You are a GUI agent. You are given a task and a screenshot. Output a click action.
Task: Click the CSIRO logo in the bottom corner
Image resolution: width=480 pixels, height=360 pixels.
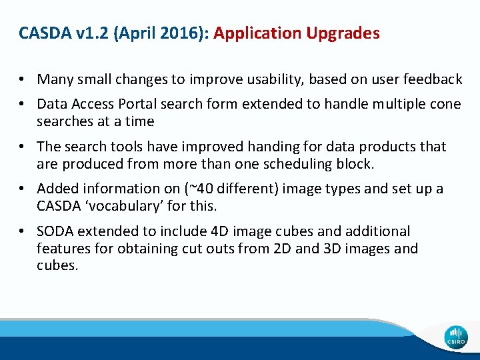pyautogui.click(x=456, y=337)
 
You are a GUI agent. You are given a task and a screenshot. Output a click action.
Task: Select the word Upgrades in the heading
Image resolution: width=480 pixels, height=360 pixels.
pyautogui.click(x=347, y=33)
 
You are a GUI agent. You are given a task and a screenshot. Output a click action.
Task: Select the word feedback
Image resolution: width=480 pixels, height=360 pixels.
pyautogui.click(x=433, y=79)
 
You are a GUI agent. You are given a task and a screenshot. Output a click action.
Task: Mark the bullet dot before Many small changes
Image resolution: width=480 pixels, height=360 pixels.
pyautogui.click(x=23, y=80)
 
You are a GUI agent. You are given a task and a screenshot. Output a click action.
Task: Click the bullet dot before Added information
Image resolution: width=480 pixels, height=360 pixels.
pyautogui.click(x=23, y=189)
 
